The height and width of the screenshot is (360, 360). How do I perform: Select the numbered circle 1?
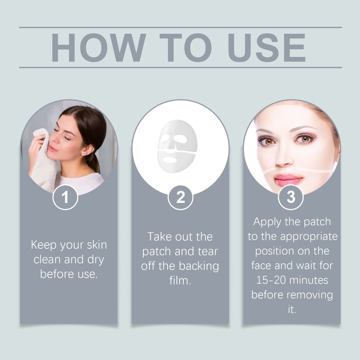[x=65, y=197]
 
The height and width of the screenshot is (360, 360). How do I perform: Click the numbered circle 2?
[x=180, y=197]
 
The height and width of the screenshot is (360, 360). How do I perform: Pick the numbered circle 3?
[x=291, y=197]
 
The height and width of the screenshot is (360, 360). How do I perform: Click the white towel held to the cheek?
[x=43, y=161]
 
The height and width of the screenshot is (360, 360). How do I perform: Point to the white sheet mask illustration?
[x=177, y=146]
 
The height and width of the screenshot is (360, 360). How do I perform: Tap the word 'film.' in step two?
[x=180, y=280]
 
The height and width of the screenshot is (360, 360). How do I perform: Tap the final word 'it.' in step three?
[x=292, y=309]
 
